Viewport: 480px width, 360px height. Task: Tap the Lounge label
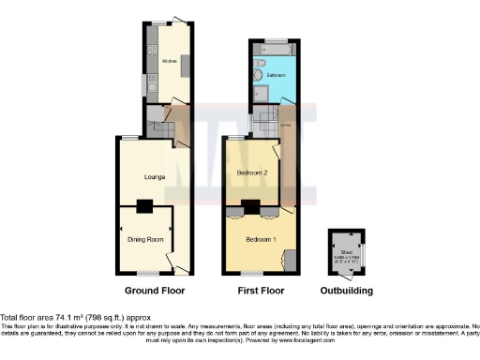click(155, 175)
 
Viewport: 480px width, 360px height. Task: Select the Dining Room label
click(145, 240)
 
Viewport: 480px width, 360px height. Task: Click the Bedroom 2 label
click(252, 173)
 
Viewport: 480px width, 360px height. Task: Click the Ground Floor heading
click(154, 291)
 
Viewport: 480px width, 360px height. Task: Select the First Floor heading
click(259, 291)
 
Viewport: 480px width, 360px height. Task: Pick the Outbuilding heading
click(347, 291)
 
